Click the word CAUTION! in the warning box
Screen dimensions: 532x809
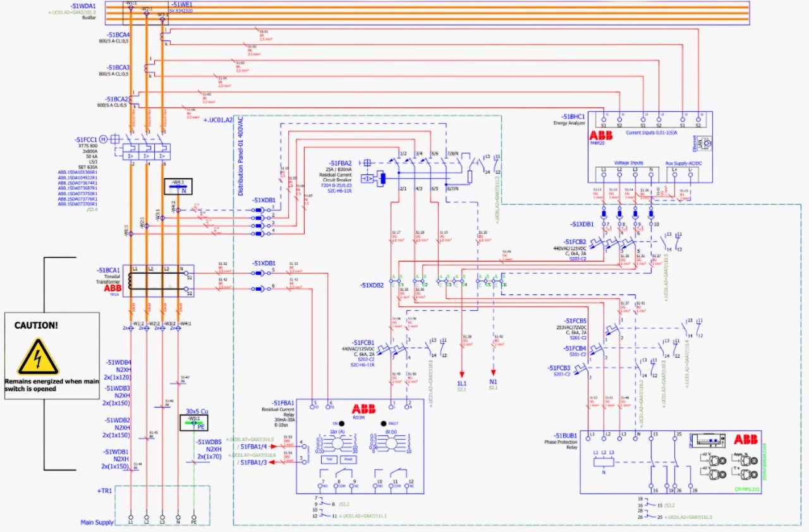[x=36, y=325]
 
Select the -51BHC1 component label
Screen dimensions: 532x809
[x=572, y=117]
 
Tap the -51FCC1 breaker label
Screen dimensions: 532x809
[x=86, y=139]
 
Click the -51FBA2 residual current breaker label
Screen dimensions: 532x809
[x=340, y=162]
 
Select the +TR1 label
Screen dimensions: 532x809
[x=104, y=490]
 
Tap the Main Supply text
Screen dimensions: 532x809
[x=97, y=522]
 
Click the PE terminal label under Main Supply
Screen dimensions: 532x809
[x=193, y=523]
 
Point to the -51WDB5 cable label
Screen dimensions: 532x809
[x=209, y=442]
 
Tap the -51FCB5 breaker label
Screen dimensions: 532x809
[x=571, y=320]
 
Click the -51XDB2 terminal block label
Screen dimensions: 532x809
[x=373, y=286]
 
